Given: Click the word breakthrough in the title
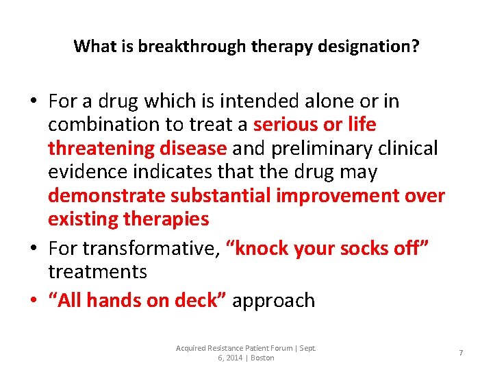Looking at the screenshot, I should tap(181, 47).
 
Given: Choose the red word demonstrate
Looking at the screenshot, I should tap(107, 196).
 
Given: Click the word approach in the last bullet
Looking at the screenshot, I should tap(274, 300).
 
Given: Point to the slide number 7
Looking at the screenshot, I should tap(461, 353).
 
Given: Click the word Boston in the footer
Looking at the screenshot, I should tap(262, 358).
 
